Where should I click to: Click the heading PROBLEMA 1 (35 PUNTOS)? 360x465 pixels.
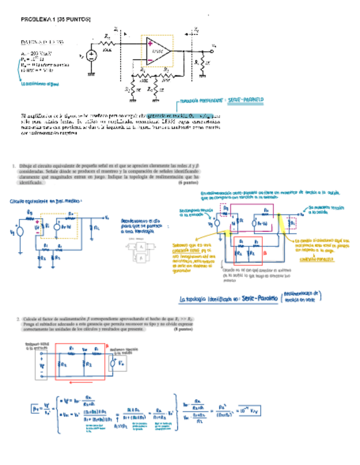pyautogui.click(x=55, y=19)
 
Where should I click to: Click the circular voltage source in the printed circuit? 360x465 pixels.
pyautogui.click(x=91, y=55)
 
